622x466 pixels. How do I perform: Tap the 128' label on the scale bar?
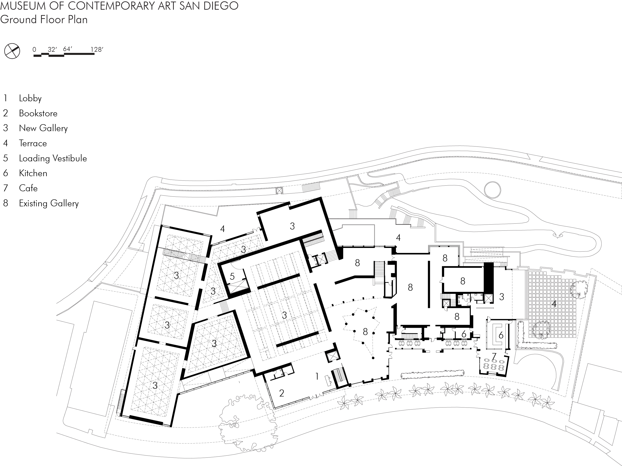point(97,50)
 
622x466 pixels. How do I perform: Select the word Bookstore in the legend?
point(38,113)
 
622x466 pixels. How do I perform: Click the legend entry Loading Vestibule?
point(53,158)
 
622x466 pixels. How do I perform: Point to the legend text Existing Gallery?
point(49,203)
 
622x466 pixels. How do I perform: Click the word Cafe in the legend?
point(28,188)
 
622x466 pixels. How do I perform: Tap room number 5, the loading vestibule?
point(232,276)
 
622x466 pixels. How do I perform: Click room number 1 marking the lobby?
point(317,376)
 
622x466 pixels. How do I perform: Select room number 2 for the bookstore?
point(281,393)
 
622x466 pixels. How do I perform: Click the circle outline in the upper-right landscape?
point(492,190)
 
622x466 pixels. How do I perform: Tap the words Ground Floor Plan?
point(44,19)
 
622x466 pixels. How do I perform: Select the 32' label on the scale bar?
point(52,50)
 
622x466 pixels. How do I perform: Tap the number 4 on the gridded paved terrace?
point(554,304)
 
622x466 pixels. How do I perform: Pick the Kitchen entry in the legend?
point(33,173)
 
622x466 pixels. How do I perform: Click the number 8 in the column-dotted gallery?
point(365,332)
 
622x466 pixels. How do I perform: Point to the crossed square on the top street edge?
point(279,191)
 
